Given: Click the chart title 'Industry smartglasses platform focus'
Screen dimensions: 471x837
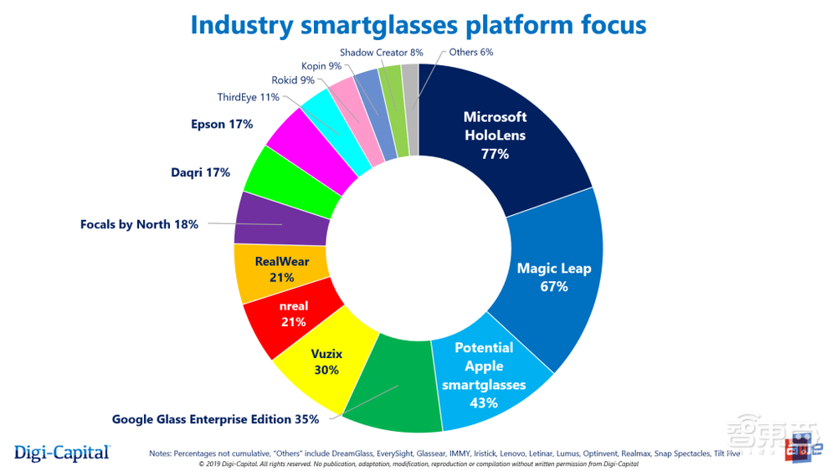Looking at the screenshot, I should click(418, 23).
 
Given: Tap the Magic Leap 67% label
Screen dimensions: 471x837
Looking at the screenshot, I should click(554, 278).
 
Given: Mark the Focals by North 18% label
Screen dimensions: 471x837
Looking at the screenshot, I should click(139, 224).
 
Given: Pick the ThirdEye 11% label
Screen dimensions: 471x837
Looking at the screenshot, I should click(248, 98).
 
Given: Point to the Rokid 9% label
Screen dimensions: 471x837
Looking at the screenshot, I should click(293, 80).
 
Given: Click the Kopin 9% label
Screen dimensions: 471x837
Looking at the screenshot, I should click(321, 65).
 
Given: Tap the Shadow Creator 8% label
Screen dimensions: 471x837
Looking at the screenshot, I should click(377, 52).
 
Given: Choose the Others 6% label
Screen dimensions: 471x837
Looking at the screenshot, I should click(470, 52).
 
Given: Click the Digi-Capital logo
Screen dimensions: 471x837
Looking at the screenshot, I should click(62, 453).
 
